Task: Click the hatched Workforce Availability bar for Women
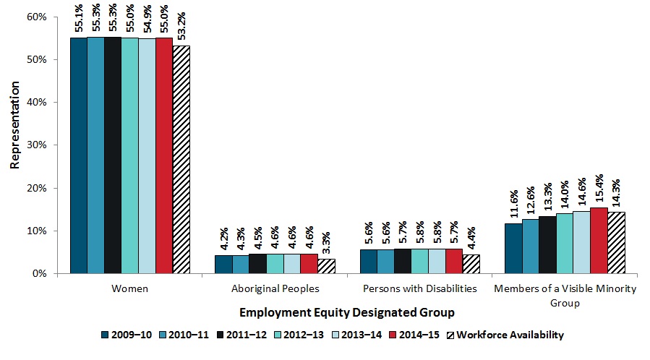[x=181, y=159]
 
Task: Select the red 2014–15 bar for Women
[x=164, y=155]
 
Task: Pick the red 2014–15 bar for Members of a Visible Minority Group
[x=599, y=240]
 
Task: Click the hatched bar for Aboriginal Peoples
[x=326, y=266]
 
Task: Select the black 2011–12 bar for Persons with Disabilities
[x=402, y=261]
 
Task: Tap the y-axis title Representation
[x=14, y=145]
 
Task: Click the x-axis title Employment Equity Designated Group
[x=346, y=312]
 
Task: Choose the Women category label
[x=130, y=288]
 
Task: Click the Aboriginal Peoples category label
[x=275, y=288]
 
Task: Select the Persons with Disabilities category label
[x=419, y=288]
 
